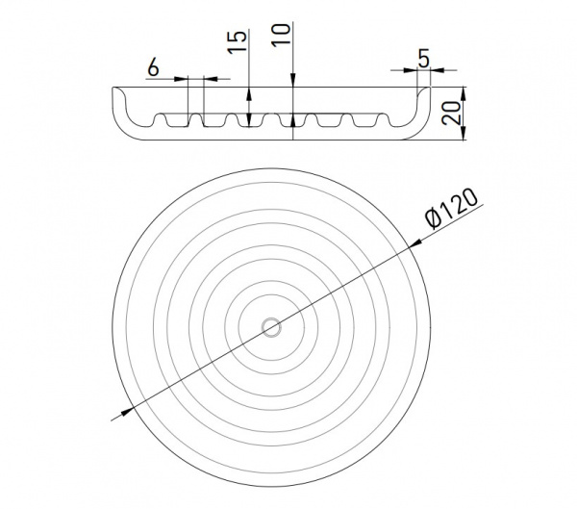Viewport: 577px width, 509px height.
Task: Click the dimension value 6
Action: pyautogui.click(x=153, y=67)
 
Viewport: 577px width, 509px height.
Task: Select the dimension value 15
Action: pyautogui.click(x=237, y=41)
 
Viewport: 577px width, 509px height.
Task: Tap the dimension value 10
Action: pyautogui.click(x=281, y=35)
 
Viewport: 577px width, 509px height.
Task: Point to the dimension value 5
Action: pyautogui.click(x=424, y=58)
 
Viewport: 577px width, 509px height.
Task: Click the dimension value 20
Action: pyautogui.click(x=451, y=113)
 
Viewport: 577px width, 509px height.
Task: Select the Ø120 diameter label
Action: pyautogui.click(x=451, y=209)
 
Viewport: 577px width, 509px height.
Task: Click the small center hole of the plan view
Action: pyautogui.click(x=271, y=327)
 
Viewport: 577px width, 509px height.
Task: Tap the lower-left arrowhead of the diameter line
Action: pyautogui.click(x=126, y=412)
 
